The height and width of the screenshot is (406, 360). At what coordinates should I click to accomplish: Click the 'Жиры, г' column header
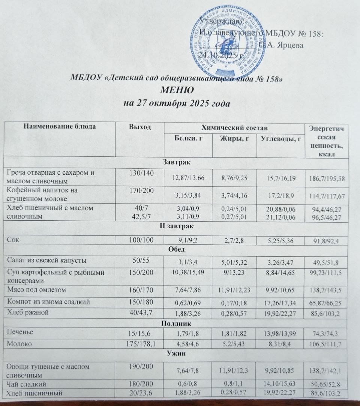(234, 139)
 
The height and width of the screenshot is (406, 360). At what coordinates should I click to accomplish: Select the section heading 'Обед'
(177, 250)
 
